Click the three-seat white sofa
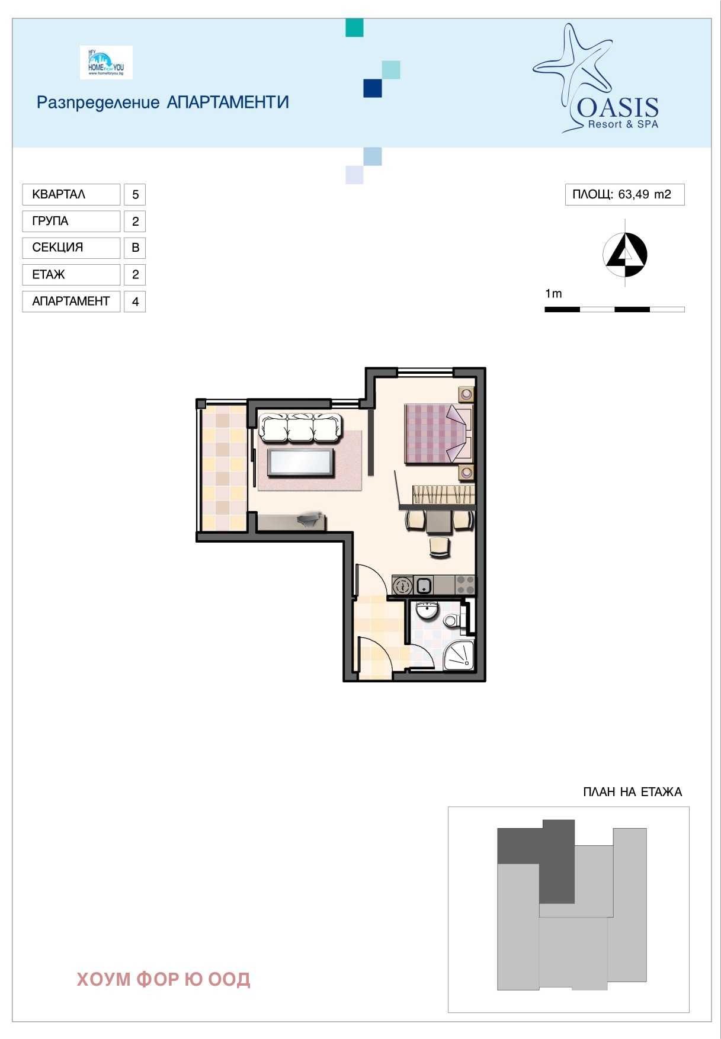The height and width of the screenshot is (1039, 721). coord(301,428)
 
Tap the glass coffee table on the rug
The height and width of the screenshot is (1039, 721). coord(300,463)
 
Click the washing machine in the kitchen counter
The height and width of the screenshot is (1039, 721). coord(403,586)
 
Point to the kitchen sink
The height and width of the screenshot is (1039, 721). coord(424,586)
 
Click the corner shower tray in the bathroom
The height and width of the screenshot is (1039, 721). coord(459,655)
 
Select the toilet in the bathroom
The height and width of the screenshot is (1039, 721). coord(454,621)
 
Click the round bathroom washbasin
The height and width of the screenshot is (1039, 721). coord(426,610)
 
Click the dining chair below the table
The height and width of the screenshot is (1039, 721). coord(440,547)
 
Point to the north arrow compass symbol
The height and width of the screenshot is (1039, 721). coord(625,255)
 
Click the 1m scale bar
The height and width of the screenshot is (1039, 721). coord(614,309)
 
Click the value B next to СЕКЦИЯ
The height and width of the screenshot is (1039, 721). coord(135,248)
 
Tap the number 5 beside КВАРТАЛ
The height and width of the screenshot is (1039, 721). coord(135,194)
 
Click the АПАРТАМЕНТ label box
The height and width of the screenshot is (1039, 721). coord(71,301)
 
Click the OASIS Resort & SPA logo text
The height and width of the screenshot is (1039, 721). coord(617,113)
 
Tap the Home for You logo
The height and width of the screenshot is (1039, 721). coord(106,62)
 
